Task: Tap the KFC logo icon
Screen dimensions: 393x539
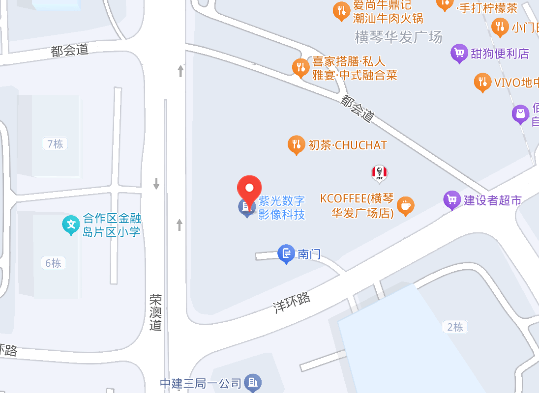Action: [x=379, y=172]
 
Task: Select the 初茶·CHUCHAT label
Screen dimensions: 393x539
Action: [x=348, y=145]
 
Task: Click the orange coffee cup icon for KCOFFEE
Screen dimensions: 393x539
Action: [x=405, y=206]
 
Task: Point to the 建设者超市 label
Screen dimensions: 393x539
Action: [x=492, y=200]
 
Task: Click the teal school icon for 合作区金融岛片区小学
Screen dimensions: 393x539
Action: [x=71, y=225]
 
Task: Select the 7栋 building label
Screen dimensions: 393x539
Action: [x=55, y=144]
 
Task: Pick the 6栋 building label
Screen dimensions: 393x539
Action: [x=53, y=263]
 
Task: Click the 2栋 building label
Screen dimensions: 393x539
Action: [x=455, y=327]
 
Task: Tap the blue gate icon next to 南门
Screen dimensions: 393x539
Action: [x=286, y=254]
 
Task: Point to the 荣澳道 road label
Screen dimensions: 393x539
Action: [x=156, y=312]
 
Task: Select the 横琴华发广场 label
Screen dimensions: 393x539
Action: [x=398, y=37]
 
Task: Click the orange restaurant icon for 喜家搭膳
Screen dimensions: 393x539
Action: [x=300, y=67]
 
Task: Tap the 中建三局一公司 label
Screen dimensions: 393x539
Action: [x=201, y=383]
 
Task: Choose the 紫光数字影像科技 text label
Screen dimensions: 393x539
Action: [x=282, y=207]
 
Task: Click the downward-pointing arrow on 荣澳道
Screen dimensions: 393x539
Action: [x=156, y=184]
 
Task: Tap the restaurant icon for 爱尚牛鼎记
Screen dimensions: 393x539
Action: [x=341, y=11]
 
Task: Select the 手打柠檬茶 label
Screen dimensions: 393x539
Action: [x=487, y=8]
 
